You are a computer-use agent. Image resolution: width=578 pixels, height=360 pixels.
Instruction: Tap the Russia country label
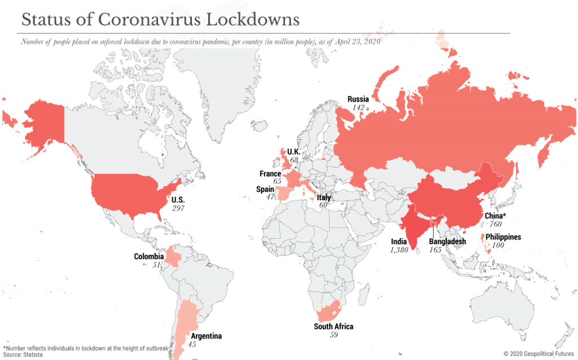click(358, 99)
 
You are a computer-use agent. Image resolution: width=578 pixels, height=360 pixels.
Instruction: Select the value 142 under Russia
click(358, 107)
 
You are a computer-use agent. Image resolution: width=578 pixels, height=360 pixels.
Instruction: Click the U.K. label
click(294, 152)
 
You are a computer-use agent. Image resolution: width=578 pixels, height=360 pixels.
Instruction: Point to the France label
click(270, 174)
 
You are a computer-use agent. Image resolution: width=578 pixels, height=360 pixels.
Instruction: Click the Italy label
click(323, 197)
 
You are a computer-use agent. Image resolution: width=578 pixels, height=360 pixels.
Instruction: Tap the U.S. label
click(178, 200)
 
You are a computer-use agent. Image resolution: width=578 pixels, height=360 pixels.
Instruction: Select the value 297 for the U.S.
click(178, 208)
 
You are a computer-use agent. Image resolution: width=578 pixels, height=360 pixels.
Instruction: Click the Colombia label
click(148, 257)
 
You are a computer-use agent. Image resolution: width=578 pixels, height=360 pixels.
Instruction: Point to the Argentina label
click(206, 336)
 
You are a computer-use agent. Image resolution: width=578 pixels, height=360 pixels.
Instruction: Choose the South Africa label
click(334, 327)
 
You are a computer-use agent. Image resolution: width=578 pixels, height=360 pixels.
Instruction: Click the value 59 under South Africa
click(334, 335)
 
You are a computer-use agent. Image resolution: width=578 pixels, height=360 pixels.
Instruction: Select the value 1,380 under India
click(399, 249)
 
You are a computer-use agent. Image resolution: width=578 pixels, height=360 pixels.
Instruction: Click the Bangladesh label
click(448, 242)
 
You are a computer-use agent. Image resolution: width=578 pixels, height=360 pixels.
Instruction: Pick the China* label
click(496, 216)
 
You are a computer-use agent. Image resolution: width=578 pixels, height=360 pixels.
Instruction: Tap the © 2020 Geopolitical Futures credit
click(538, 353)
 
